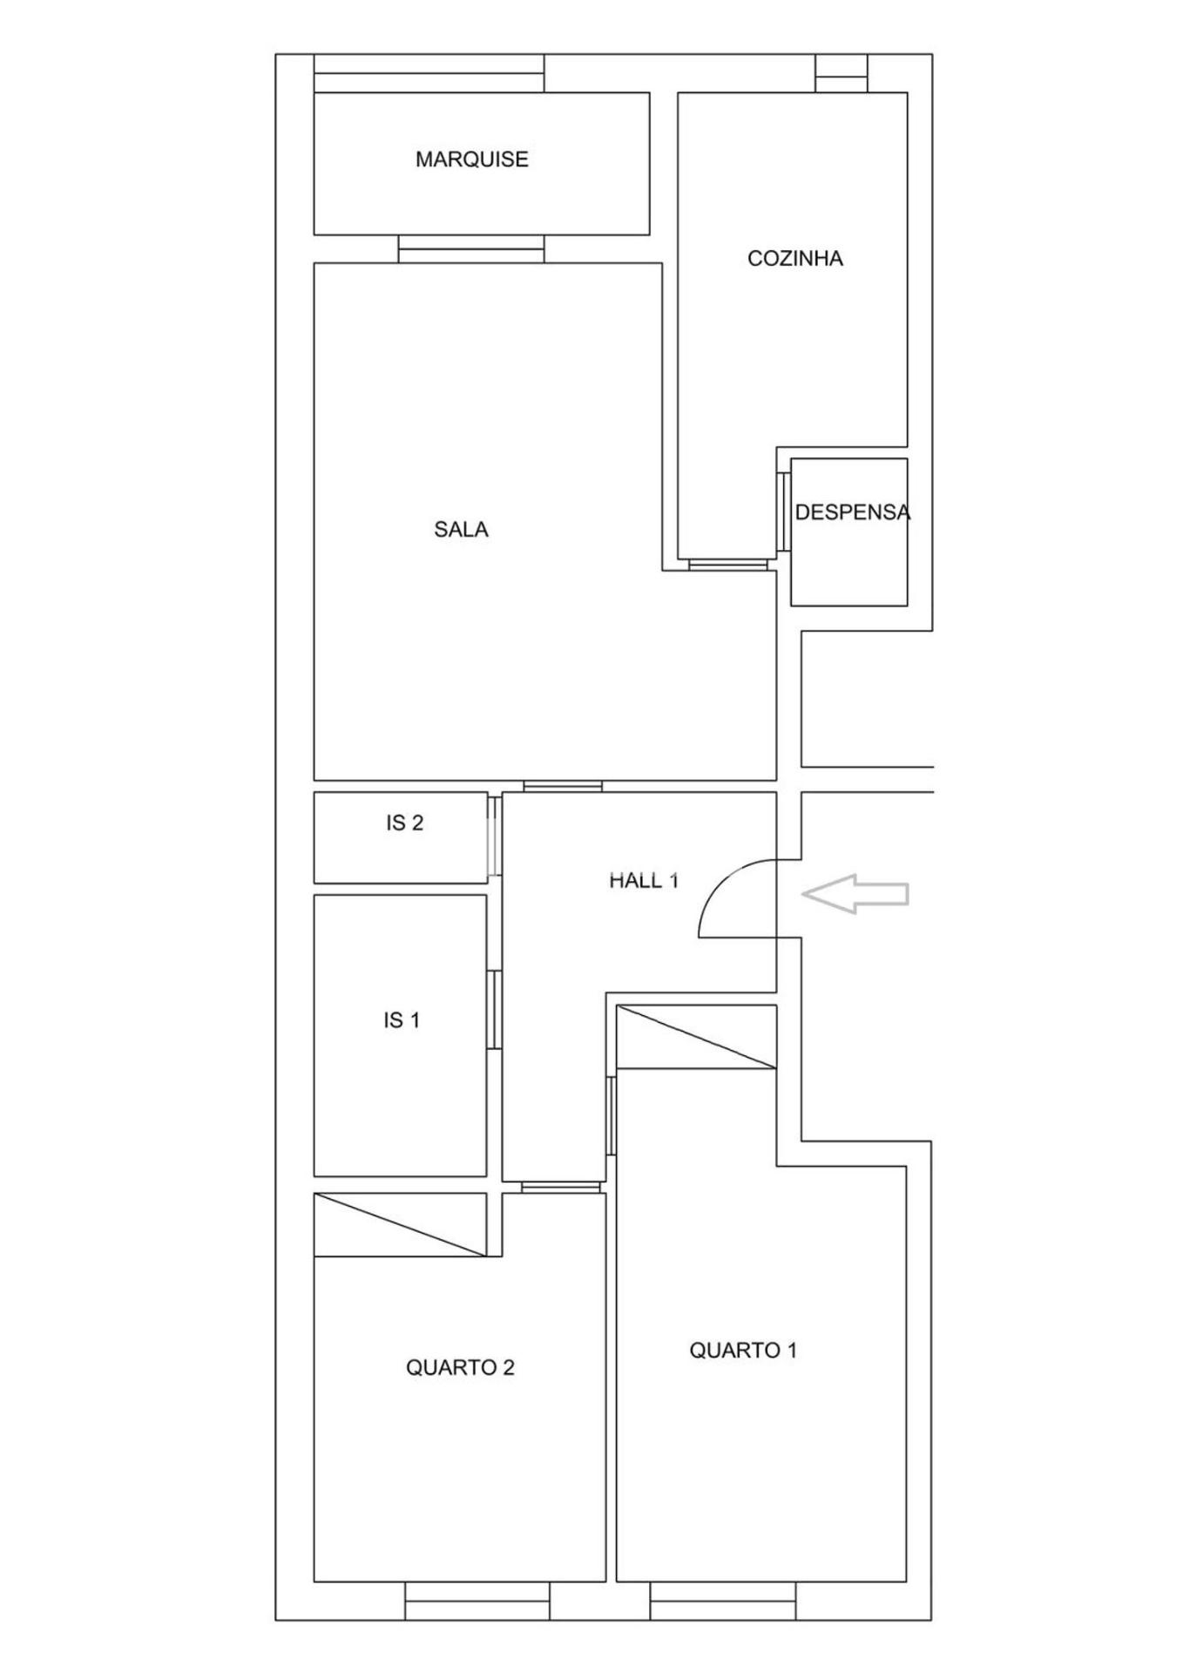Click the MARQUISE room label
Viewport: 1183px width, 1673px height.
[471, 159]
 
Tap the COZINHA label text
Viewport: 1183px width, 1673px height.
[795, 259]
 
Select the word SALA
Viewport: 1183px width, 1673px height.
[461, 530]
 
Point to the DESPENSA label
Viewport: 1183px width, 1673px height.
[853, 512]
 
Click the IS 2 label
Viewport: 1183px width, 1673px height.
[405, 823]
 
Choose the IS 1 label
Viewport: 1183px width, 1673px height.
[402, 1020]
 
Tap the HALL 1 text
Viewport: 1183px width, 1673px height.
[644, 881]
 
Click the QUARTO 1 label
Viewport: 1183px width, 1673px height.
[743, 1351]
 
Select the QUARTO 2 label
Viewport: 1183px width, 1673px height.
[460, 1368]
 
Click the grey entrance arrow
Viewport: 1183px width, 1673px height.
[855, 894]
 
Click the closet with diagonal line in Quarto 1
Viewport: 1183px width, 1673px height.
[696, 1037]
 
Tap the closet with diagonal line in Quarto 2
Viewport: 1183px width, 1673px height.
[400, 1225]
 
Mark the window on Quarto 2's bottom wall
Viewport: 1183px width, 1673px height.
[477, 1602]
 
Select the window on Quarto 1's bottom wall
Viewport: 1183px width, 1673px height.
[723, 1602]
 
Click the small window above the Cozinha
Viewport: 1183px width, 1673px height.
[842, 73]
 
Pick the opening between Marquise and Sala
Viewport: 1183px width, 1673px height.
[471, 249]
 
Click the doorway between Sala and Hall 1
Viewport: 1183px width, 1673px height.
[563, 786]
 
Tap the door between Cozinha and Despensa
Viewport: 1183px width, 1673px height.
[784, 512]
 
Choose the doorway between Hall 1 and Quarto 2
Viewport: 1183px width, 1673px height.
[561, 1187]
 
